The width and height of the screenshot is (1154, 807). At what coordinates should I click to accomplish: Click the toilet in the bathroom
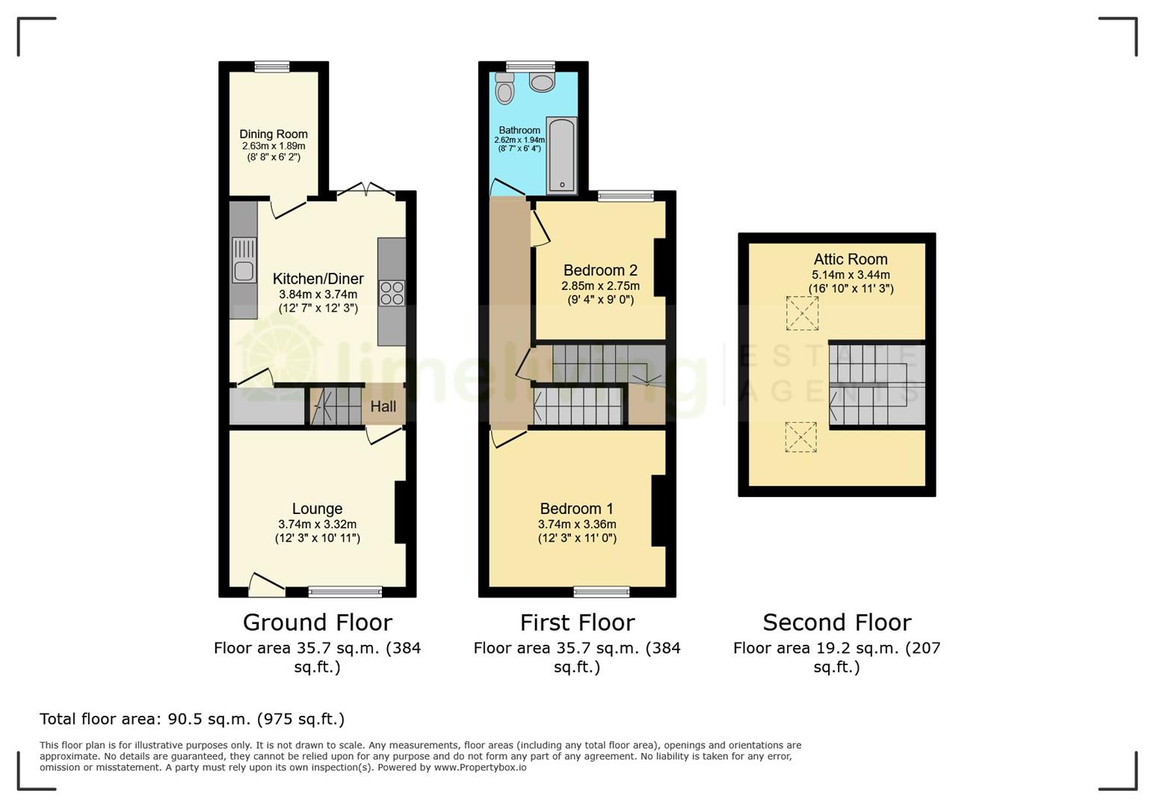[505, 89]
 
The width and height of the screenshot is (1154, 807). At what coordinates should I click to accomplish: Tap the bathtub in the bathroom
[561, 155]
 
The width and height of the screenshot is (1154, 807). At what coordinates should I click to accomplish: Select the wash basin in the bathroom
[542, 81]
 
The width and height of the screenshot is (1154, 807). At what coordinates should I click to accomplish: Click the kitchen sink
[244, 260]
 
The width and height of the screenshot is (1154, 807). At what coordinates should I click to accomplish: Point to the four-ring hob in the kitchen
[392, 292]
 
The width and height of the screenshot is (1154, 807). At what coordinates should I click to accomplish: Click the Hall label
[383, 406]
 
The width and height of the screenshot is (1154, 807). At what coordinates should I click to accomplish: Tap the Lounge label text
[317, 509]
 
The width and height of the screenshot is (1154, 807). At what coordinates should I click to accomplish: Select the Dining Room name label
[274, 134]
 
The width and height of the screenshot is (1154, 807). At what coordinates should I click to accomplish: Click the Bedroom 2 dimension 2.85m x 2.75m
[600, 286]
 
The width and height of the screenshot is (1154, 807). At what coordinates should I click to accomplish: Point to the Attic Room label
[851, 259]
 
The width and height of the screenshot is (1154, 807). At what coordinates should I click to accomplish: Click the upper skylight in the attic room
[802, 313]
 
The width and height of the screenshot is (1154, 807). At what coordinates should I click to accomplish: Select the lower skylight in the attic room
[800, 437]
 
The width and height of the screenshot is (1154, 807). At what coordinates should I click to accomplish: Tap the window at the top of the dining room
[272, 67]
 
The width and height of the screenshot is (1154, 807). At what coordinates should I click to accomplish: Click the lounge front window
[345, 592]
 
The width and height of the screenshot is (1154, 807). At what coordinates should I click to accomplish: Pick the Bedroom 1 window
[602, 592]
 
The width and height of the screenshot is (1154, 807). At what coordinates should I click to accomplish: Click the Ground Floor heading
[317, 622]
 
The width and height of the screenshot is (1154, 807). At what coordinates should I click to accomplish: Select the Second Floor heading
[836, 622]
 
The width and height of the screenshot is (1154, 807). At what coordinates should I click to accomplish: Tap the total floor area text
[192, 719]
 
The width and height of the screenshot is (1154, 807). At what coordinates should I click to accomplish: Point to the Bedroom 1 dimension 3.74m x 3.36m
[577, 525]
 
